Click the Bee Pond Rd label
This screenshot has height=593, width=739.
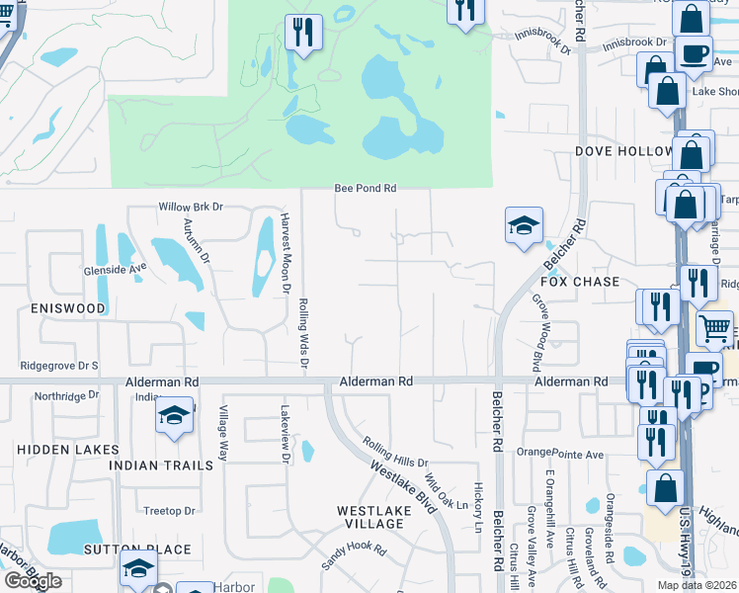[x=365, y=188]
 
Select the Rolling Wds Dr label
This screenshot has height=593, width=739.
[x=304, y=335]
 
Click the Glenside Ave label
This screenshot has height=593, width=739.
[x=115, y=266]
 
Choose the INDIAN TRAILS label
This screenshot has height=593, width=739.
[x=160, y=465]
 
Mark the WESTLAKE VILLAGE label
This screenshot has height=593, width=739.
[x=370, y=517]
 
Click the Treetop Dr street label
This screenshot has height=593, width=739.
[x=169, y=511]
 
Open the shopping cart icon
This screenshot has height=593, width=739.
[x=715, y=327]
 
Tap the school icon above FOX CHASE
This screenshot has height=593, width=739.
[x=524, y=225]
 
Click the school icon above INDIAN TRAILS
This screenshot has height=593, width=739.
[x=174, y=416]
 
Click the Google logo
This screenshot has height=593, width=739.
[x=33, y=580]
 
